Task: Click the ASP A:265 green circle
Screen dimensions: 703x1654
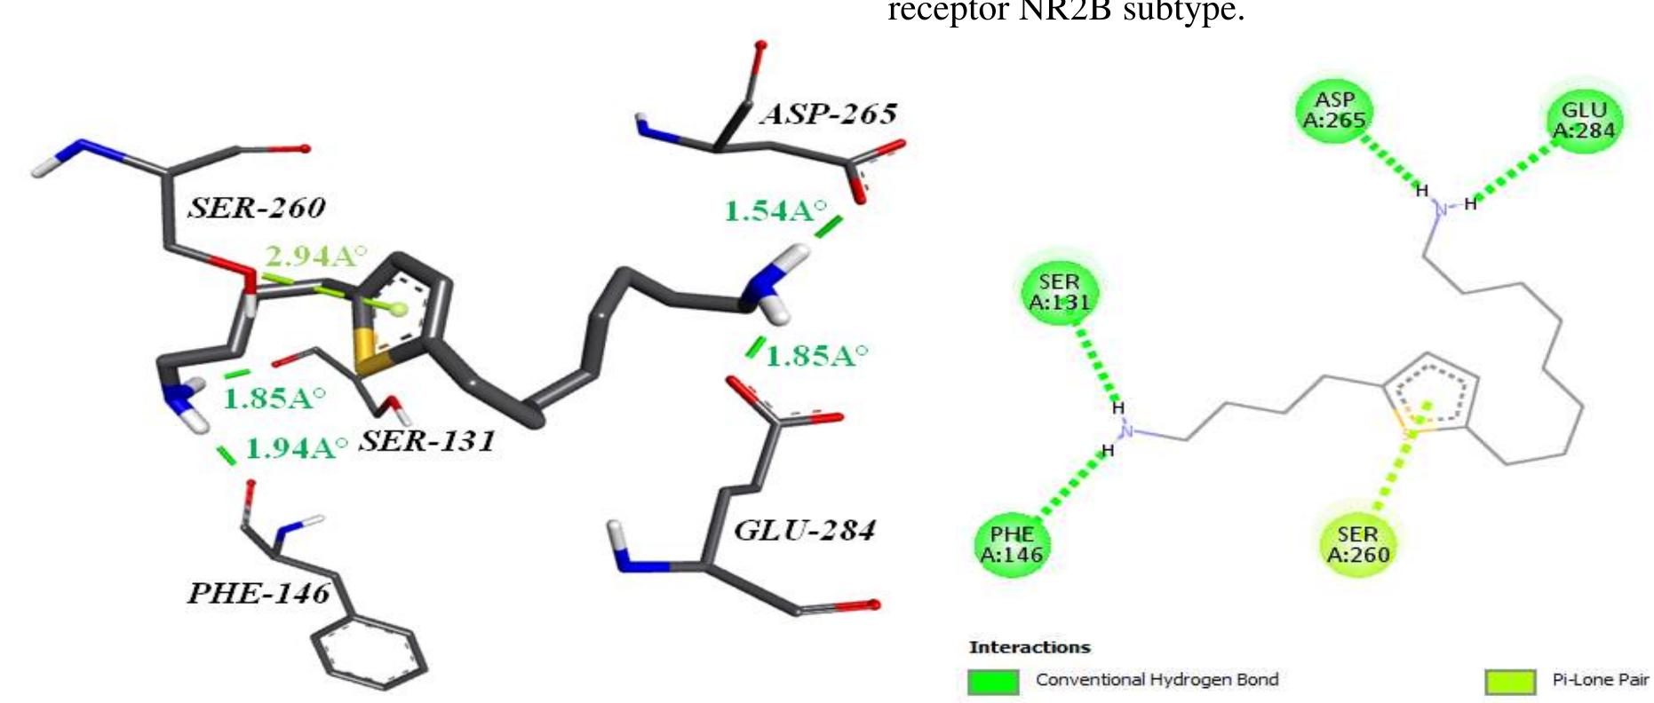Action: (1334, 111)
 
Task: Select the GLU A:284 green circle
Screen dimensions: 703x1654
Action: (1584, 120)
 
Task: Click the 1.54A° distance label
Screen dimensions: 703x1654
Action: (775, 211)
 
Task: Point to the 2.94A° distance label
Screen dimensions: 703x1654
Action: (315, 257)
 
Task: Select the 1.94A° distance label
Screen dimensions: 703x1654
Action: (296, 448)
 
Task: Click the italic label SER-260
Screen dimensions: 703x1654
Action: (257, 208)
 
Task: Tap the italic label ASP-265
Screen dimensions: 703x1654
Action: (828, 114)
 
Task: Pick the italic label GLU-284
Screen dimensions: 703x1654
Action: (805, 531)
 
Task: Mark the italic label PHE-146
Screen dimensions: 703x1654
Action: (258, 593)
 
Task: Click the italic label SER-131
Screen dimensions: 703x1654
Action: (426, 441)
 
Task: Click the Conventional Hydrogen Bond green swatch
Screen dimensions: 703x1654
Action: (993, 681)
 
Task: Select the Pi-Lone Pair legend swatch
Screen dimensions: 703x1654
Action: (1509, 681)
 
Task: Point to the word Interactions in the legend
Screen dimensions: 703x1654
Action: (1029, 647)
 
